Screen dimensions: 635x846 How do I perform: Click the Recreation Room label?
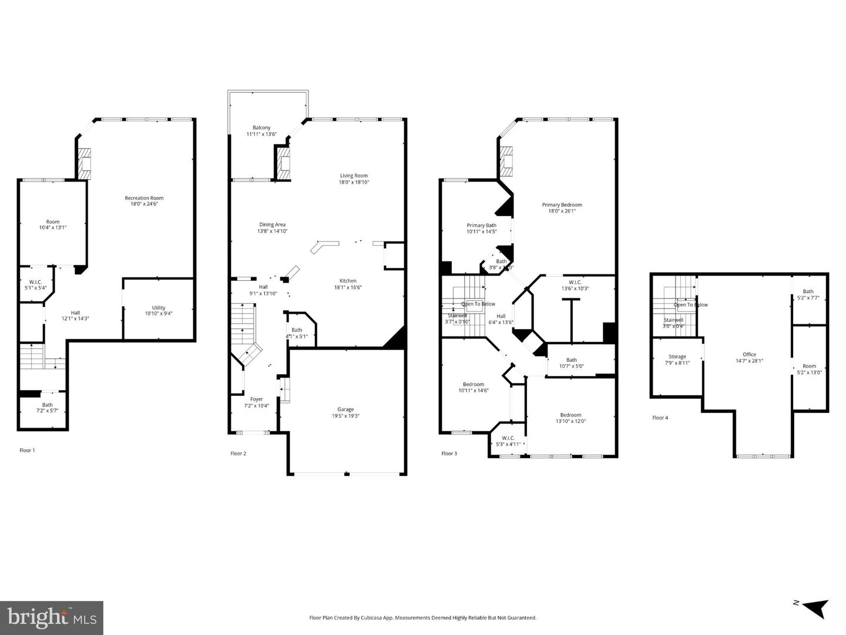(144, 198)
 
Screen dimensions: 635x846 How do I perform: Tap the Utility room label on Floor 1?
(159, 307)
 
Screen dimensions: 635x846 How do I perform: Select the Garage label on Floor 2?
(345, 409)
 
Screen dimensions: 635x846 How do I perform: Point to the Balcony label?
(261, 127)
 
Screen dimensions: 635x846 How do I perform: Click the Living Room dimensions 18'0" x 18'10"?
(354, 182)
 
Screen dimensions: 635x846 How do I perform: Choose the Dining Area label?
(272, 224)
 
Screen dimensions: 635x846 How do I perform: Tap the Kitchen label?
(348, 281)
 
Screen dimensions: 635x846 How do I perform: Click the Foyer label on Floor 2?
(257, 399)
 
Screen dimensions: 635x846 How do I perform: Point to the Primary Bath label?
(481, 225)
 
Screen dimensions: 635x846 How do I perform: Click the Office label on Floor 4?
(749, 354)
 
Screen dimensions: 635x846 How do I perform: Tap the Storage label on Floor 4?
(677, 357)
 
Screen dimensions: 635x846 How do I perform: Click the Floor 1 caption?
(27, 451)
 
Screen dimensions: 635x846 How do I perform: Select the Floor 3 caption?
(449, 453)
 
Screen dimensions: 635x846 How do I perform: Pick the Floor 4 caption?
(660, 418)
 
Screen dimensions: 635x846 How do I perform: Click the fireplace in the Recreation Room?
(86, 163)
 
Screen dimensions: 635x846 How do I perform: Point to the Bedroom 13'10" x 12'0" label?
(570, 415)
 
